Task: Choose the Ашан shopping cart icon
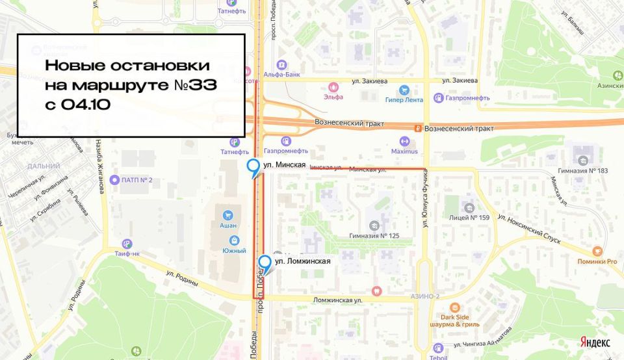[x=227, y=215]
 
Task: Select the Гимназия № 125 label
[x=374, y=236]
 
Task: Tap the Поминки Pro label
[x=597, y=261]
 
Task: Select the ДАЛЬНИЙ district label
[x=44, y=166]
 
